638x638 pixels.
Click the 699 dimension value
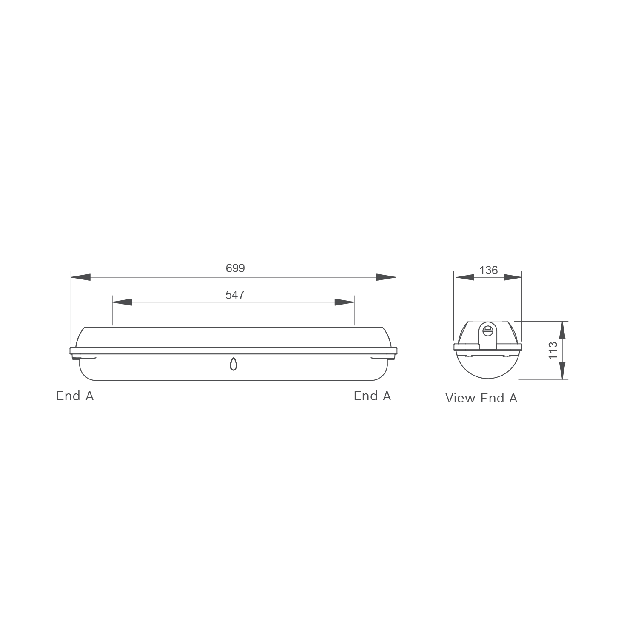[x=235, y=268]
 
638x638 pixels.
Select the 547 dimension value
[x=235, y=295]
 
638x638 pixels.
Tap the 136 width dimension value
[x=488, y=270]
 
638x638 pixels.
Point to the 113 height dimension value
[x=553, y=350]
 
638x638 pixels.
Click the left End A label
[x=75, y=396]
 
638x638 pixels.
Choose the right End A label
[x=372, y=396]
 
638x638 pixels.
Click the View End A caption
[x=481, y=398]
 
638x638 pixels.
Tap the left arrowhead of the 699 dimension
[x=80, y=277]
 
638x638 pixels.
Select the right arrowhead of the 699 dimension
[x=386, y=277]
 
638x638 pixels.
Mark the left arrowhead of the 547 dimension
[x=122, y=302]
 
